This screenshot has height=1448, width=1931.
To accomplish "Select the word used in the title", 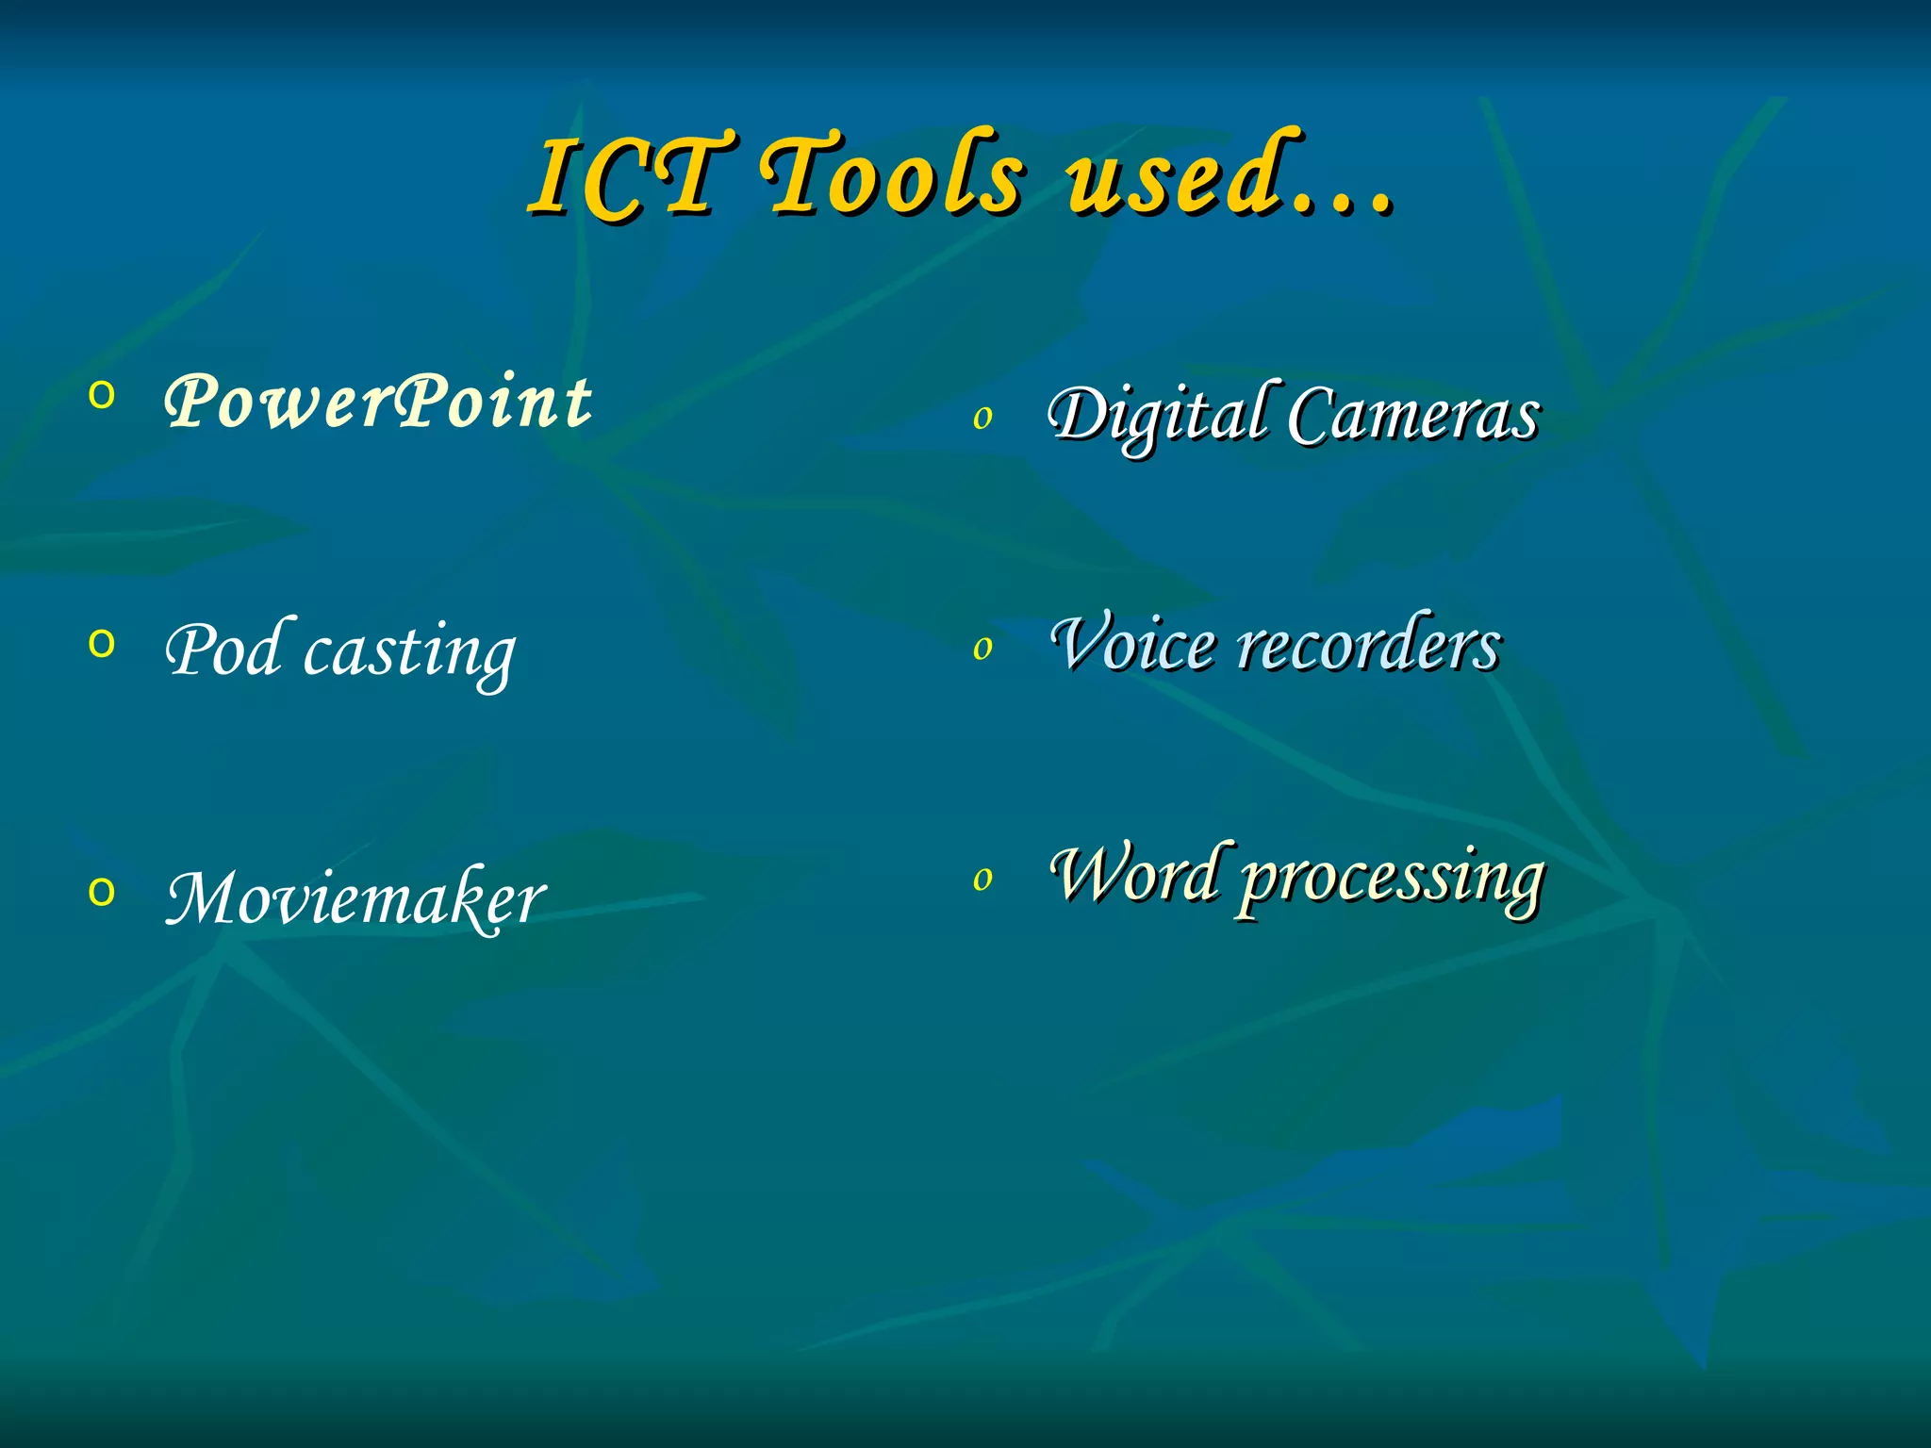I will point(1174,175).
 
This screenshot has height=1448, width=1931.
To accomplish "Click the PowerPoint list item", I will point(377,402).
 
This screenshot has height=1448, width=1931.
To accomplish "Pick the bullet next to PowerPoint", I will point(101,395).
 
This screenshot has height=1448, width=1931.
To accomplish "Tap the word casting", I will point(409,652).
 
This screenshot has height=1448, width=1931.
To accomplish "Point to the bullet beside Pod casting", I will point(101,644).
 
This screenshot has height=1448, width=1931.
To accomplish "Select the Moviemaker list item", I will point(355,897).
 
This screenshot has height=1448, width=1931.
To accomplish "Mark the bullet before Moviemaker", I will point(101,891).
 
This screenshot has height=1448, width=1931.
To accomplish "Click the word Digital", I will point(1158,415).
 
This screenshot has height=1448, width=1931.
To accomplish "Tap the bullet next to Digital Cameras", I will point(982,418).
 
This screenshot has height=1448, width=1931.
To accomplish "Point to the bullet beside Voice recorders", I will point(982,648).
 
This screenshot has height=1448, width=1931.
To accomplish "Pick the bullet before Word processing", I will point(982,879).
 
